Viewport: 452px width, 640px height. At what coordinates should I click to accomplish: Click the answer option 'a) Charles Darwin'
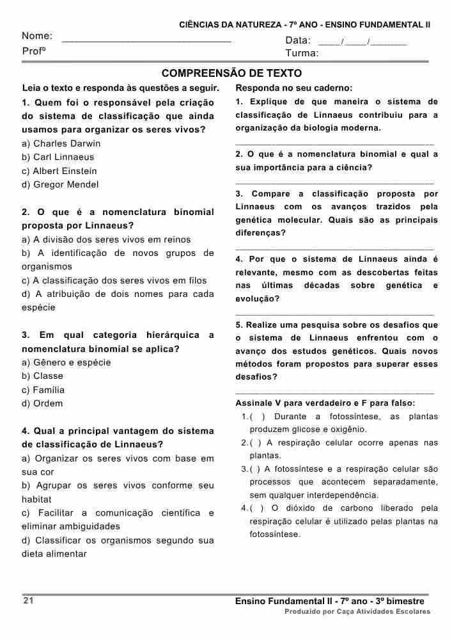coord(61,143)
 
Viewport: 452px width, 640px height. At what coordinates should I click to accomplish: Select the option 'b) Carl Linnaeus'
coord(58,157)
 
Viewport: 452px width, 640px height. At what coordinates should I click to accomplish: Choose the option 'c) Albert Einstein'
coord(59,171)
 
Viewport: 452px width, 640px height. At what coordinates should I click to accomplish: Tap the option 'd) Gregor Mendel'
coord(60,184)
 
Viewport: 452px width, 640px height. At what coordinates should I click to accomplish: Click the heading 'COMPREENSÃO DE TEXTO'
coord(231,74)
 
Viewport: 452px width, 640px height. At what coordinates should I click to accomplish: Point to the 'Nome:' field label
coord(37,36)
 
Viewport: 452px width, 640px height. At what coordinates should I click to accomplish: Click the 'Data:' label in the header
coord(298,41)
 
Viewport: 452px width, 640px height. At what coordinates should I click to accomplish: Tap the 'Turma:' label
coord(302,53)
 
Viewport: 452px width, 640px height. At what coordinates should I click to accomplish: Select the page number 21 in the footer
coord(28,601)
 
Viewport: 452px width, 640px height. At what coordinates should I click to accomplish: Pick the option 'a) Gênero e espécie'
coord(66,362)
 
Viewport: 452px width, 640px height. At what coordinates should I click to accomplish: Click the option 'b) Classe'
coord(43,376)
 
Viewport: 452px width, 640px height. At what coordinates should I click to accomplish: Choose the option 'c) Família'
coord(43,390)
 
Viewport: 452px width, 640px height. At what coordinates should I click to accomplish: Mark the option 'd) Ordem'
coord(43,403)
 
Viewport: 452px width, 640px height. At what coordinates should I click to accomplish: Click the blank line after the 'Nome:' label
coord(146,39)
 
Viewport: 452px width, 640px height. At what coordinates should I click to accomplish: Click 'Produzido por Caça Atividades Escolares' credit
coord(357,612)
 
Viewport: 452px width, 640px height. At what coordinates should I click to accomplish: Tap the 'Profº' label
coord(33,51)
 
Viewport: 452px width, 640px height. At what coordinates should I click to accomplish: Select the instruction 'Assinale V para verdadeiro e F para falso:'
coord(325,403)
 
